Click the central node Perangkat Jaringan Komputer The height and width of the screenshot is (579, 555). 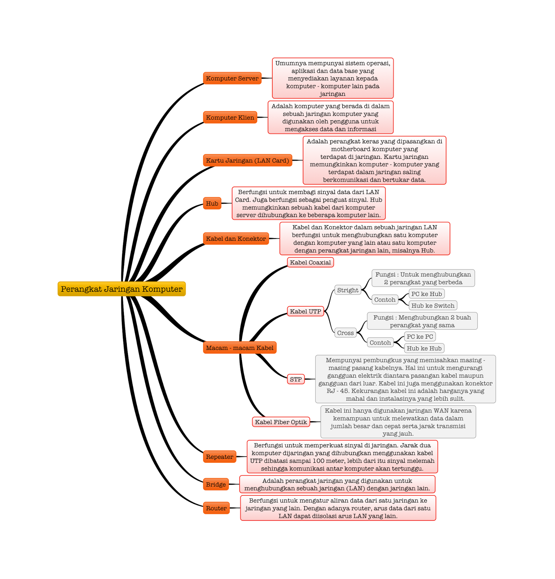[122, 289]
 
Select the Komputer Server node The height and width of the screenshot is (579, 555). [232, 78]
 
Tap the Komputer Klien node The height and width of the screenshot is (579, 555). [230, 118]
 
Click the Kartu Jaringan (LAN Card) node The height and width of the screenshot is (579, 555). [247, 160]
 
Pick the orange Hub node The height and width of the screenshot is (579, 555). [212, 203]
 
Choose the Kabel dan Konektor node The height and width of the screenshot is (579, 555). [236, 239]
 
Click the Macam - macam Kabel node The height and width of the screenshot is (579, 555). [240, 348]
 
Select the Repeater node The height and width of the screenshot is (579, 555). [220, 457]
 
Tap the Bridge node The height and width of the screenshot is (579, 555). [216, 484]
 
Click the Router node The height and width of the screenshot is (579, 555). [216, 508]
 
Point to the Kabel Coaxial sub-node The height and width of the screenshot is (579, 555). [310, 262]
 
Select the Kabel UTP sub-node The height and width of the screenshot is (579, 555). [305, 311]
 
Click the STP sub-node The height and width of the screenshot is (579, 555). [296, 379]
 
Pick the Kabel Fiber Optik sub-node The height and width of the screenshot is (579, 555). [281, 422]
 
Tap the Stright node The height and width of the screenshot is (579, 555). [348, 290]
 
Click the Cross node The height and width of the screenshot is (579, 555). [345, 333]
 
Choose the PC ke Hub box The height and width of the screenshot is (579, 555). [426, 294]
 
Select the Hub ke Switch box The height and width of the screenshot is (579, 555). [433, 305]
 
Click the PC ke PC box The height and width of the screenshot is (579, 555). [420, 337]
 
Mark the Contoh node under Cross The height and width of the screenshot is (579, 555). [380, 342]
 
